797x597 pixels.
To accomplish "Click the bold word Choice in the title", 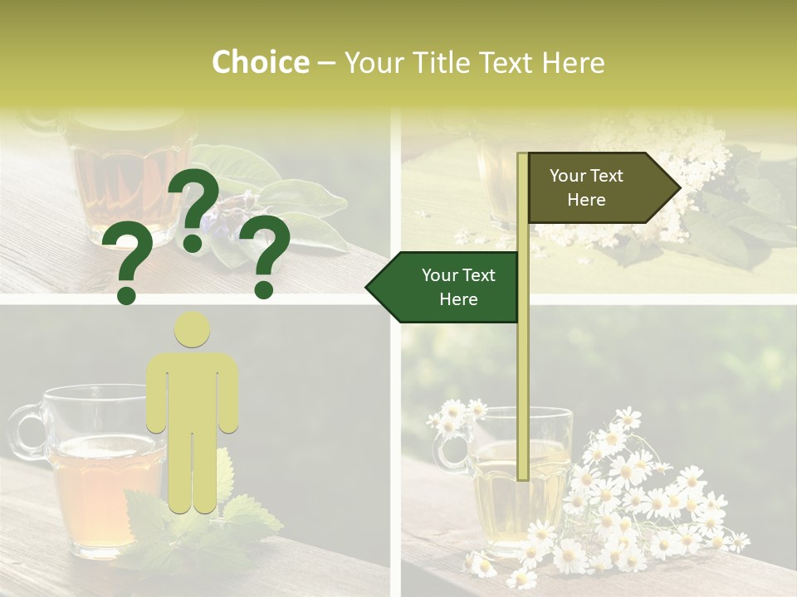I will point(260,63).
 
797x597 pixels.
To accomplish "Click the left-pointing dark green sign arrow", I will point(444,288).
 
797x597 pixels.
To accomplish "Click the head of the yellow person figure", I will point(192,331).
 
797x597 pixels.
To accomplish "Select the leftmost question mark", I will point(126,265).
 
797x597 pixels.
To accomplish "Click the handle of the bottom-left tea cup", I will point(26,431).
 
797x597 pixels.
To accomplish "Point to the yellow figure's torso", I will point(192,390).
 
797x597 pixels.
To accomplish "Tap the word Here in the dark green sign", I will point(457,300).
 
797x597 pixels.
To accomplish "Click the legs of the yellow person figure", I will point(192,473).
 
